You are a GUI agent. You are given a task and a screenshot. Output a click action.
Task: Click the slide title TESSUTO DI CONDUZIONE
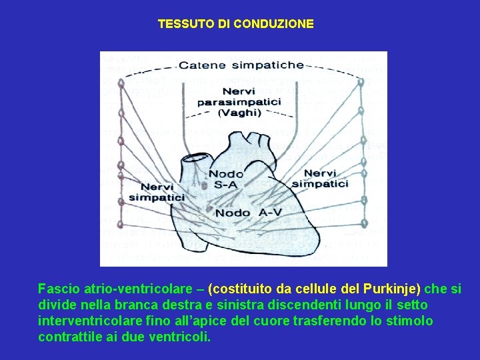(x=235, y=24)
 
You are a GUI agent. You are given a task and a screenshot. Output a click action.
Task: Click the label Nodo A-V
(x=249, y=213)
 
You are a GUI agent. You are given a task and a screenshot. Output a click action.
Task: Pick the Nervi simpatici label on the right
(x=321, y=178)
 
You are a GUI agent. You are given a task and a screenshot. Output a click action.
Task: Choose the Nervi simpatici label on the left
(x=157, y=192)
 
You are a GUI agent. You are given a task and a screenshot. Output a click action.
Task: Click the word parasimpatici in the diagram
(x=239, y=102)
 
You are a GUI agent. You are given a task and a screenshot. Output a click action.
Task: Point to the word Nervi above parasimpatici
(x=239, y=91)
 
